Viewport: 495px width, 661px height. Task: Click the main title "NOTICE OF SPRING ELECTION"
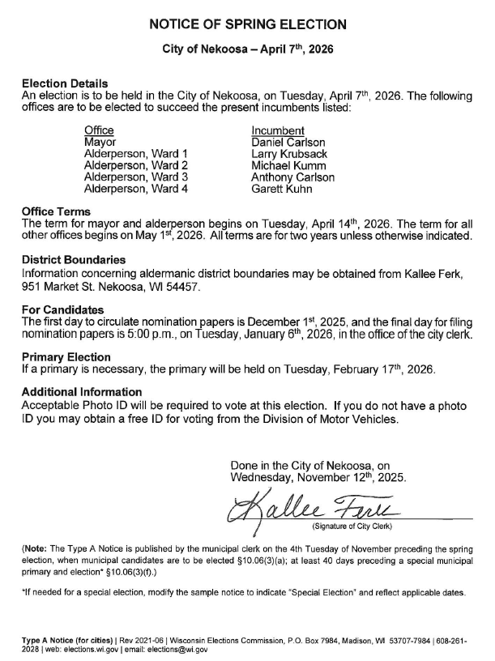pos(248,24)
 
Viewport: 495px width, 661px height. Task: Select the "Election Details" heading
pos(65,84)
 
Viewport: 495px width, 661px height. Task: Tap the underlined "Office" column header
pos(99,130)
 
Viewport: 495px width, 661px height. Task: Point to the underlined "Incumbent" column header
pos(278,130)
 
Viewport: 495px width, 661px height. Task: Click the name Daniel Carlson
pos(288,143)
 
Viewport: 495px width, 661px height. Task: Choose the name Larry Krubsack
pos(289,154)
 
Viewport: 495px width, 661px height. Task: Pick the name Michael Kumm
pos(286,165)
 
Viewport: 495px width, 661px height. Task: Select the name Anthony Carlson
pos(292,177)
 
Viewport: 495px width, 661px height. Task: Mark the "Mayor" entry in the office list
pos(100,143)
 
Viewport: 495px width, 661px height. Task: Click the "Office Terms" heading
pos(56,212)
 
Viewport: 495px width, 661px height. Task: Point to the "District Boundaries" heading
pos(74,261)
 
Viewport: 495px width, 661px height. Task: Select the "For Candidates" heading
pos(63,309)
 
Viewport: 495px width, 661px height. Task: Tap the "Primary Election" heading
pos(66,357)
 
